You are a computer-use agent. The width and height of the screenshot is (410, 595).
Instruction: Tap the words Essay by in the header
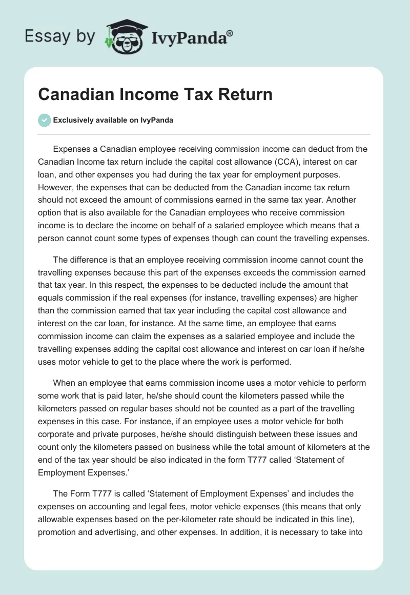60,36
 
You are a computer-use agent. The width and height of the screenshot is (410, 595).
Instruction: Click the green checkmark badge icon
44,120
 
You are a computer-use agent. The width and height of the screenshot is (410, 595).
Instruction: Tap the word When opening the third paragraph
65,383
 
